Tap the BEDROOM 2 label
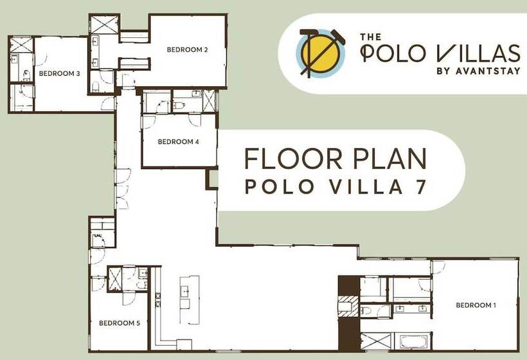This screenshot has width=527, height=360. (x=186, y=50)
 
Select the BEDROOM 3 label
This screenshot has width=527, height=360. (x=59, y=73)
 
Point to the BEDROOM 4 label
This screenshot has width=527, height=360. (x=178, y=141)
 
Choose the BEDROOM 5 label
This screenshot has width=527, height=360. (x=120, y=323)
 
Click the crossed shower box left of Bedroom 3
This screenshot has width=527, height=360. (x=21, y=45)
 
